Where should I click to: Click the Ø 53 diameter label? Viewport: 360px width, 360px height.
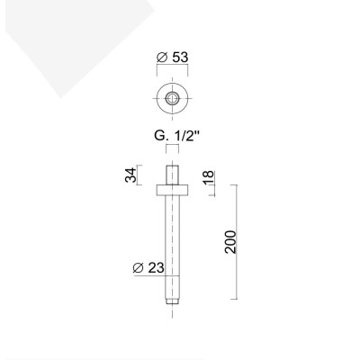click(x=172, y=58)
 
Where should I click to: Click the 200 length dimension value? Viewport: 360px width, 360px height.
click(x=229, y=241)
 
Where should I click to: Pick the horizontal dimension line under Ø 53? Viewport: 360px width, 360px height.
click(x=171, y=71)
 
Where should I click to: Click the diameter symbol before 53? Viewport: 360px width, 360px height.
click(x=159, y=58)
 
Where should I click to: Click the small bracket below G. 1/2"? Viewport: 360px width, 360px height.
click(x=171, y=154)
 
